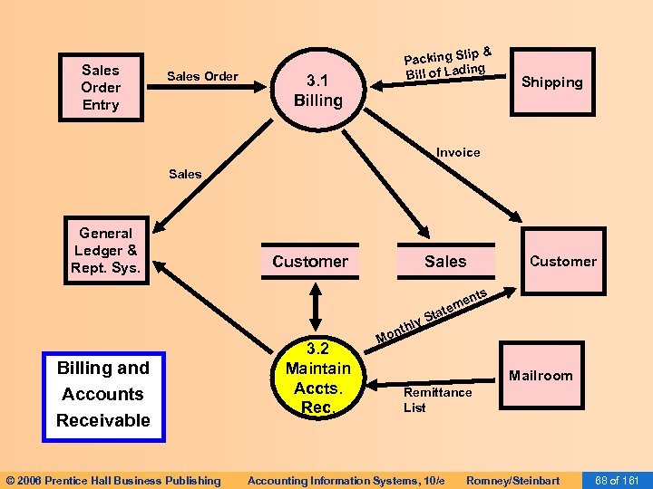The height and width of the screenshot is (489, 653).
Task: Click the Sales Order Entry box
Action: pyautogui.click(x=101, y=87)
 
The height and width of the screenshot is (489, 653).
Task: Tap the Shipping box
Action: pyautogui.click(x=551, y=82)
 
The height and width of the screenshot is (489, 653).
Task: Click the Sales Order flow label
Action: pyautogui.click(x=202, y=76)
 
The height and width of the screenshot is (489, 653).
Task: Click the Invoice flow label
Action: pyautogui.click(x=458, y=152)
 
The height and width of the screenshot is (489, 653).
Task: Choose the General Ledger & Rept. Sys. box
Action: pyautogui.click(x=105, y=251)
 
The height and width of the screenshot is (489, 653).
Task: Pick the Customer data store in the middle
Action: pyautogui.click(x=310, y=262)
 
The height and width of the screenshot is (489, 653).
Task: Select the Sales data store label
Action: pyautogui.click(x=445, y=262)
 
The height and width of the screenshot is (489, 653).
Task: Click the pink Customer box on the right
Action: pyautogui.click(x=562, y=262)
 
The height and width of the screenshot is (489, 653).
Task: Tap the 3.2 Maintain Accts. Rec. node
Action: pyautogui.click(x=317, y=378)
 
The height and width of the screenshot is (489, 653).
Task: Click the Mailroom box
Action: pyautogui.click(x=541, y=376)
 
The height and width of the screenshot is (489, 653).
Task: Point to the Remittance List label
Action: pyautogui.click(x=437, y=399)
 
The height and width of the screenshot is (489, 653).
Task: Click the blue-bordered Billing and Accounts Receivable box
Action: pyautogui.click(x=103, y=394)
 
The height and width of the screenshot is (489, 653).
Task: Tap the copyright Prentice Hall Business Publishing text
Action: pyautogui.click(x=113, y=480)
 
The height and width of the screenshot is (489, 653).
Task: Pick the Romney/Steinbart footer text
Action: pyautogui.click(x=512, y=480)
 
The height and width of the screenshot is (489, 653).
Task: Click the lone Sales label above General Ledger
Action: pyautogui.click(x=185, y=174)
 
